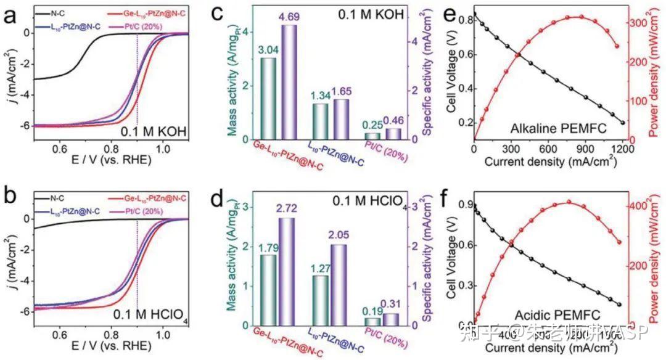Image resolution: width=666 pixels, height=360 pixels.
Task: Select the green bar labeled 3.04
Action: coord(268,99)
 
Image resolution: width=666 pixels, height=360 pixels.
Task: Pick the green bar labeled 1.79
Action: coord(268,290)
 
